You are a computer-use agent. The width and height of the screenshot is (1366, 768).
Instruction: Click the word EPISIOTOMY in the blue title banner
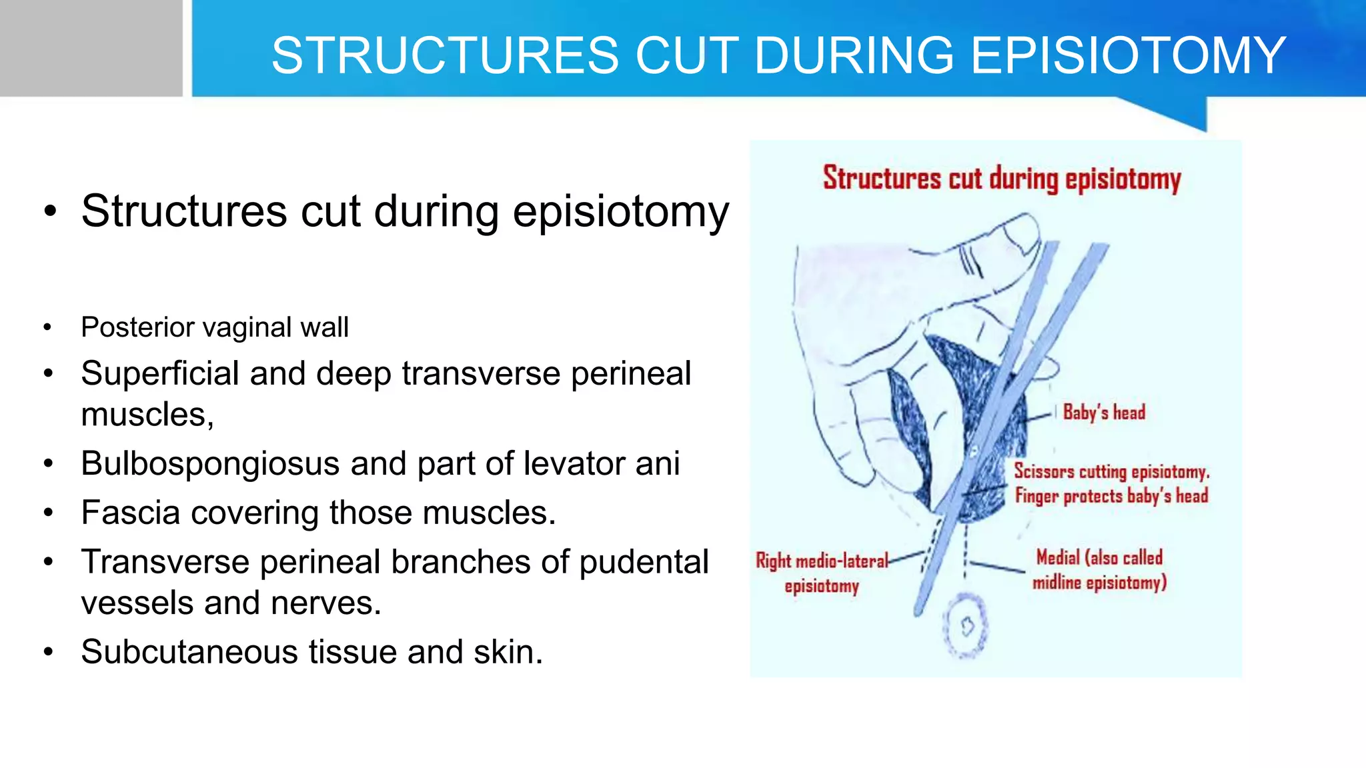click(1127, 55)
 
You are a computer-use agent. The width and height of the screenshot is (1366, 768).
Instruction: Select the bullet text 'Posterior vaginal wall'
click(214, 327)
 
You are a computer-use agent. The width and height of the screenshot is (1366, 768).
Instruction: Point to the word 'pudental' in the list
click(644, 562)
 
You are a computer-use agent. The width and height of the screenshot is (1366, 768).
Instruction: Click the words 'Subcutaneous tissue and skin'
click(311, 652)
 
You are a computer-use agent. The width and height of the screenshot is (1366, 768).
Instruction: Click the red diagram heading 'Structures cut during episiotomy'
click(1001, 179)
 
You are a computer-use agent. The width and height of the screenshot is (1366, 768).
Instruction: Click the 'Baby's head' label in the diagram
click(1104, 413)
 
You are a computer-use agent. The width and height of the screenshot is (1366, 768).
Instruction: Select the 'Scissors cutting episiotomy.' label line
click(1111, 471)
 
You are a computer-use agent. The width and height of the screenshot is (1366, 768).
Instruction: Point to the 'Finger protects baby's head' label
click(1111, 496)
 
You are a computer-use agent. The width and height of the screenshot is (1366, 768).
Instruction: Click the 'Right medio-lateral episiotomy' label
click(822, 573)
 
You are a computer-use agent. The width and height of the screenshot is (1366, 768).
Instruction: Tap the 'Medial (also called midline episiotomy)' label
click(1099, 570)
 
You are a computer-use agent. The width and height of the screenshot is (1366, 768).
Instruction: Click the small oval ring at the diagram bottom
click(965, 626)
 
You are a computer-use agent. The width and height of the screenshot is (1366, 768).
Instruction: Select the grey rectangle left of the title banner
click(91, 48)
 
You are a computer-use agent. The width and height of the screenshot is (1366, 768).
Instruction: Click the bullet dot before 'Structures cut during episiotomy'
click(50, 212)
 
